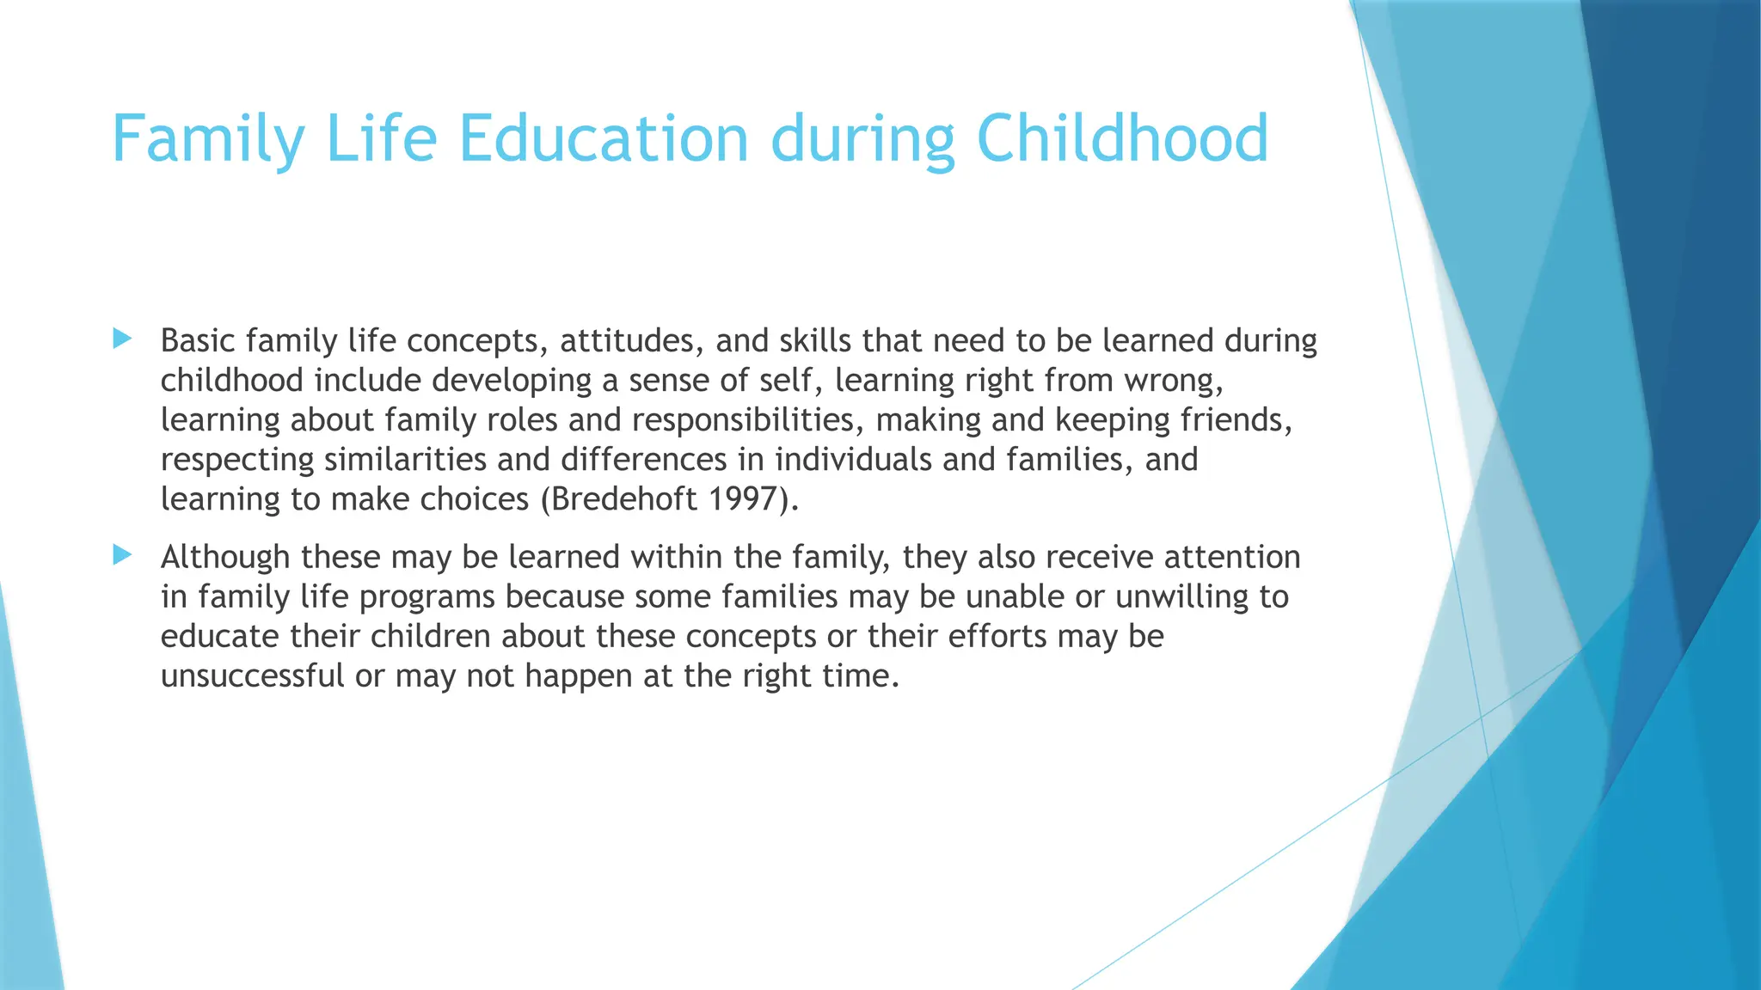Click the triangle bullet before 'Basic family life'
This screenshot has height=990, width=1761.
click(x=122, y=339)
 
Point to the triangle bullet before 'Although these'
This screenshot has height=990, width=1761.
click(x=122, y=555)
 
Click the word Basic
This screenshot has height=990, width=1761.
click(x=198, y=341)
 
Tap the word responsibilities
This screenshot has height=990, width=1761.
click(x=744, y=420)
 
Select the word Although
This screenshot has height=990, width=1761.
click(x=225, y=558)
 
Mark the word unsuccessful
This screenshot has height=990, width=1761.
click(x=252, y=676)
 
